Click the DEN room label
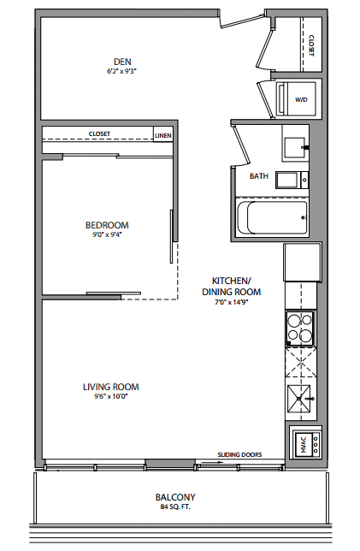122,62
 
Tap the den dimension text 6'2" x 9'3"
121,71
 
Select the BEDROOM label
107,225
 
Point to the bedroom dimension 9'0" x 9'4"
107,234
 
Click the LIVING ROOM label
111,387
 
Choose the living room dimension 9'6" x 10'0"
110,397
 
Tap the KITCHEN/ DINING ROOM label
232,286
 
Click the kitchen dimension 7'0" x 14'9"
232,302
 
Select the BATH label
259,176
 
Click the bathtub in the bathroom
272,217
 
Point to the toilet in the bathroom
292,180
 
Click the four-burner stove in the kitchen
300,329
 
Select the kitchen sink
299,400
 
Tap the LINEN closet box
163,135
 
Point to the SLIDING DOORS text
239,454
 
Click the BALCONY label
175,497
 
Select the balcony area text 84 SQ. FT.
175,507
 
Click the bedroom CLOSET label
99,133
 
